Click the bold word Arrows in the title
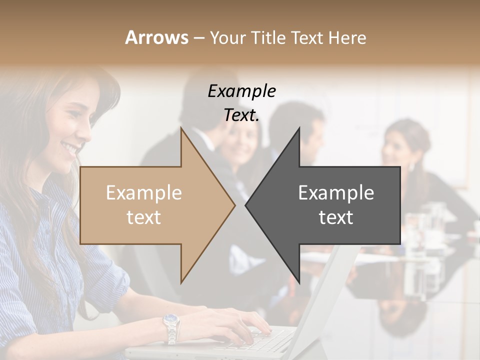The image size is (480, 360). point(156,37)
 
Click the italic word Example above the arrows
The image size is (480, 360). point(241,91)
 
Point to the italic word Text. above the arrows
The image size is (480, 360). point(241,115)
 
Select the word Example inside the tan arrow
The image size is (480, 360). point(143,193)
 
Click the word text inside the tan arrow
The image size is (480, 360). point(143,217)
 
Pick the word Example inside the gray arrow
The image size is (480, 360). point(336,193)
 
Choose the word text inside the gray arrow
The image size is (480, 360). point(336,217)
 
